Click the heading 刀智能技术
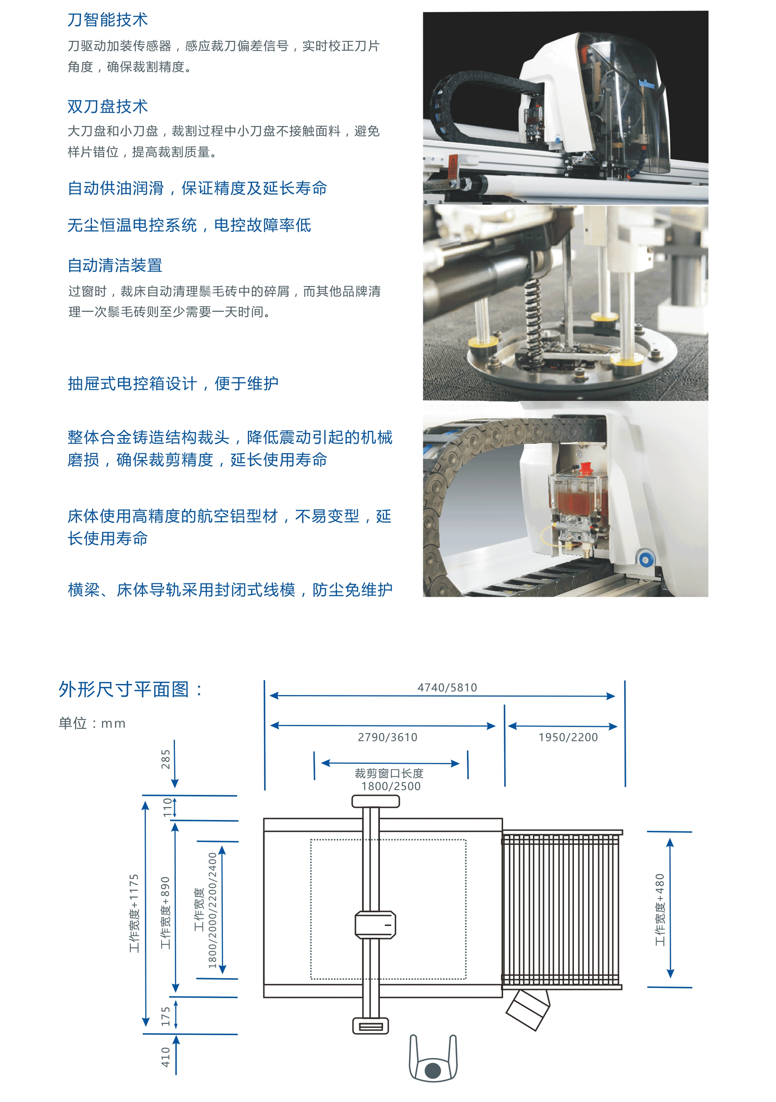click(108, 20)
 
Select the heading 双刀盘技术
click(108, 106)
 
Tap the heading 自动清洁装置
click(115, 265)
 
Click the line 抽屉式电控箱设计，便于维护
click(173, 384)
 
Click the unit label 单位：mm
click(92, 723)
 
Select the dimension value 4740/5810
click(447, 688)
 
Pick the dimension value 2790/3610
click(388, 737)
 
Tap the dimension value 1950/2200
click(568, 737)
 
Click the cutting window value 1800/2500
click(391, 786)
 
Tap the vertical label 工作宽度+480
click(660, 909)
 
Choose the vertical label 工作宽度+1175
click(134, 913)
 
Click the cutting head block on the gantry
click(375, 924)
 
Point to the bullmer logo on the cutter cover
click(646, 85)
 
